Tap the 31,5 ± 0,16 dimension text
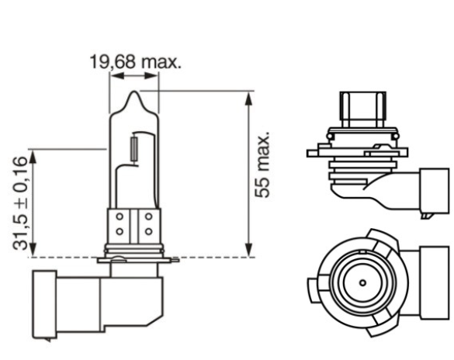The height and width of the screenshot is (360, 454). [x=21, y=202]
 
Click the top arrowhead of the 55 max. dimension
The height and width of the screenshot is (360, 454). [x=248, y=97]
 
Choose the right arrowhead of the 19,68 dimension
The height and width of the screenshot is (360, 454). [x=154, y=77]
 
